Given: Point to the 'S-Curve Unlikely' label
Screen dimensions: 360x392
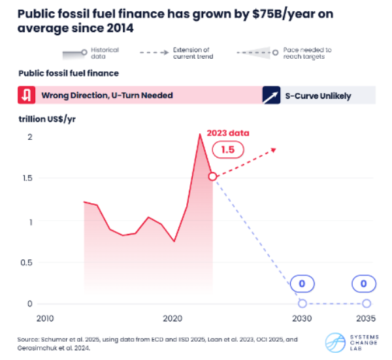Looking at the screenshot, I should (x=319, y=96).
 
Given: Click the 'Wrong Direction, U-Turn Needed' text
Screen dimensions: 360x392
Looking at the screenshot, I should (x=107, y=95).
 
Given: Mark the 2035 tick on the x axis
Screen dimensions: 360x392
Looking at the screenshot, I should (x=366, y=318).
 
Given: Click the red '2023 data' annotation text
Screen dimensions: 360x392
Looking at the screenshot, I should (x=228, y=133).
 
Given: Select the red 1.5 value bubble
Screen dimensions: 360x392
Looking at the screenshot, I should (x=228, y=150).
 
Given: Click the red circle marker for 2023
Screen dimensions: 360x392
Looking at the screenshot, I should (x=212, y=176).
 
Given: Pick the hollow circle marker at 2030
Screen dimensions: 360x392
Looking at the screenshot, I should (x=302, y=303).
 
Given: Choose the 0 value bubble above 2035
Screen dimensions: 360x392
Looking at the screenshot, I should (x=366, y=284).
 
